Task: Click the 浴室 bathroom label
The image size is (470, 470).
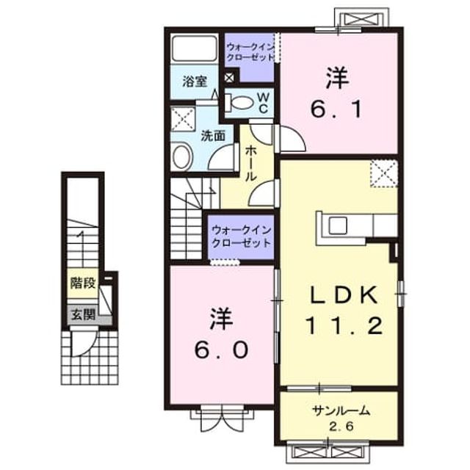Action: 195,82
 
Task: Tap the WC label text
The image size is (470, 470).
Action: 263,103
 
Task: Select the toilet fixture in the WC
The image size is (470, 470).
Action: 239,101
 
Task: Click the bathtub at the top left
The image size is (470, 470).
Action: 194,48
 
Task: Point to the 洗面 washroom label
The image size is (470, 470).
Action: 213,136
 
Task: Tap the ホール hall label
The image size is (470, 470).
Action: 250,164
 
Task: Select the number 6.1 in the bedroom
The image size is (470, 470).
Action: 337,109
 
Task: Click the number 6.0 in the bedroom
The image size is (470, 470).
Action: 221,350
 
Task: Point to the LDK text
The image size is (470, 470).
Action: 344,294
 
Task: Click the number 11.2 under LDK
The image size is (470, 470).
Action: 344,326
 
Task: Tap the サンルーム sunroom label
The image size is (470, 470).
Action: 341,411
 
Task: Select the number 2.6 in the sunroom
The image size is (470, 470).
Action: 341,426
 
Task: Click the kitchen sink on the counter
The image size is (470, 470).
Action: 338,225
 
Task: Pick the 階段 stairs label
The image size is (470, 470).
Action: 83,283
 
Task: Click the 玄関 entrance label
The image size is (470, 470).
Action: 83,314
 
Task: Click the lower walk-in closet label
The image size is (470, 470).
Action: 242,236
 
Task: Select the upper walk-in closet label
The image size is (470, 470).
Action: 250,51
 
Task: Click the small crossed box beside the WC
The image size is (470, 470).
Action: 229,78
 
